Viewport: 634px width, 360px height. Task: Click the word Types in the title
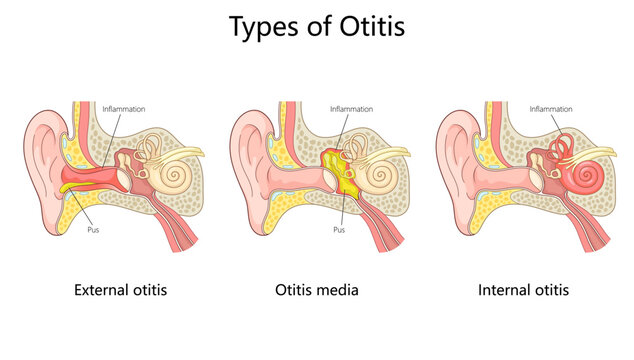click(263, 28)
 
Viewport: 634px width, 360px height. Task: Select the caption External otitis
click(120, 291)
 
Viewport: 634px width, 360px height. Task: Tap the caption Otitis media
click(316, 291)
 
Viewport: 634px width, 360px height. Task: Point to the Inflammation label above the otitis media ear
click(351, 108)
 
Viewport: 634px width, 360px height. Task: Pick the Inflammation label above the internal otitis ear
click(551, 108)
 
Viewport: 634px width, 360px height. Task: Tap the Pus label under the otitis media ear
click(338, 229)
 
